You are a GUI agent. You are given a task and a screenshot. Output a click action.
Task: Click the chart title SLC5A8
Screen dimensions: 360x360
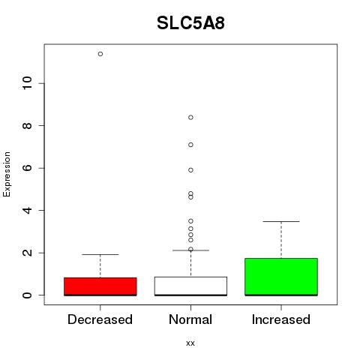tap(190, 23)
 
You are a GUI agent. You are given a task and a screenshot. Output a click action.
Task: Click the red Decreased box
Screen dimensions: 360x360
tap(100, 286)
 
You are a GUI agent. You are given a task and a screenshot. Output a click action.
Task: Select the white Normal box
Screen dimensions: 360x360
tap(190, 286)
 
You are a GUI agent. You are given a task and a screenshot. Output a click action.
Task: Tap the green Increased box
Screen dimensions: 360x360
tap(281, 277)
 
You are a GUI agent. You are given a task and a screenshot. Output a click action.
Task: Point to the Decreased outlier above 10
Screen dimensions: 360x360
tap(100, 54)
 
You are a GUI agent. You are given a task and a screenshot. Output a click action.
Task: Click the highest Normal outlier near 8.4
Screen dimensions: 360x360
tap(190, 118)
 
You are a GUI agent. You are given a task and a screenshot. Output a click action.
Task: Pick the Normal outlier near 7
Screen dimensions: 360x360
tap(190, 145)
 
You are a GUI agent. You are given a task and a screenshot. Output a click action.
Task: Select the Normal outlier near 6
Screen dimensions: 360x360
tap(190, 170)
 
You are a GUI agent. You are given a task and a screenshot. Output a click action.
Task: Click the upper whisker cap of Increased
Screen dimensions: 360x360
tap(281, 221)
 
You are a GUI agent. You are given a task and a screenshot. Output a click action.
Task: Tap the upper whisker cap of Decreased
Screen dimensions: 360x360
tap(100, 254)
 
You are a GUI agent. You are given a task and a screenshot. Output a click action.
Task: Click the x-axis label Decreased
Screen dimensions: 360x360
tap(100, 319)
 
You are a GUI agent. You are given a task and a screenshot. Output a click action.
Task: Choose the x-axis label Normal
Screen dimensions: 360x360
tap(190, 319)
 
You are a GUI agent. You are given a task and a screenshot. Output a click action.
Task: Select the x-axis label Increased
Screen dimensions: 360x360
tap(281, 319)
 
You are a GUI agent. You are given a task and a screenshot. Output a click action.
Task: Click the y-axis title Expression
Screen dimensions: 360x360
tap(7, 174)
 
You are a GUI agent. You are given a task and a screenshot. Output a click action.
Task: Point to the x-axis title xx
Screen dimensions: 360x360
tap(190, 343)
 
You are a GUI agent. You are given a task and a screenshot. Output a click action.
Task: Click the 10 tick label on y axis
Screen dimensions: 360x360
tap(27, 83)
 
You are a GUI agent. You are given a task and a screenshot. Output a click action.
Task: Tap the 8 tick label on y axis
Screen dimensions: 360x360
tap(27, 125)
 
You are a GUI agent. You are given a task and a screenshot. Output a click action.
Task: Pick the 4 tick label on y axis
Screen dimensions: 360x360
tap(27, 210)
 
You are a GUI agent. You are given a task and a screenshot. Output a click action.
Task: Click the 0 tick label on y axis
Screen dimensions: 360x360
tap(27, 295)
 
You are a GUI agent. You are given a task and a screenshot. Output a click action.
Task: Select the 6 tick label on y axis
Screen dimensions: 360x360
tap(27, 168)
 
